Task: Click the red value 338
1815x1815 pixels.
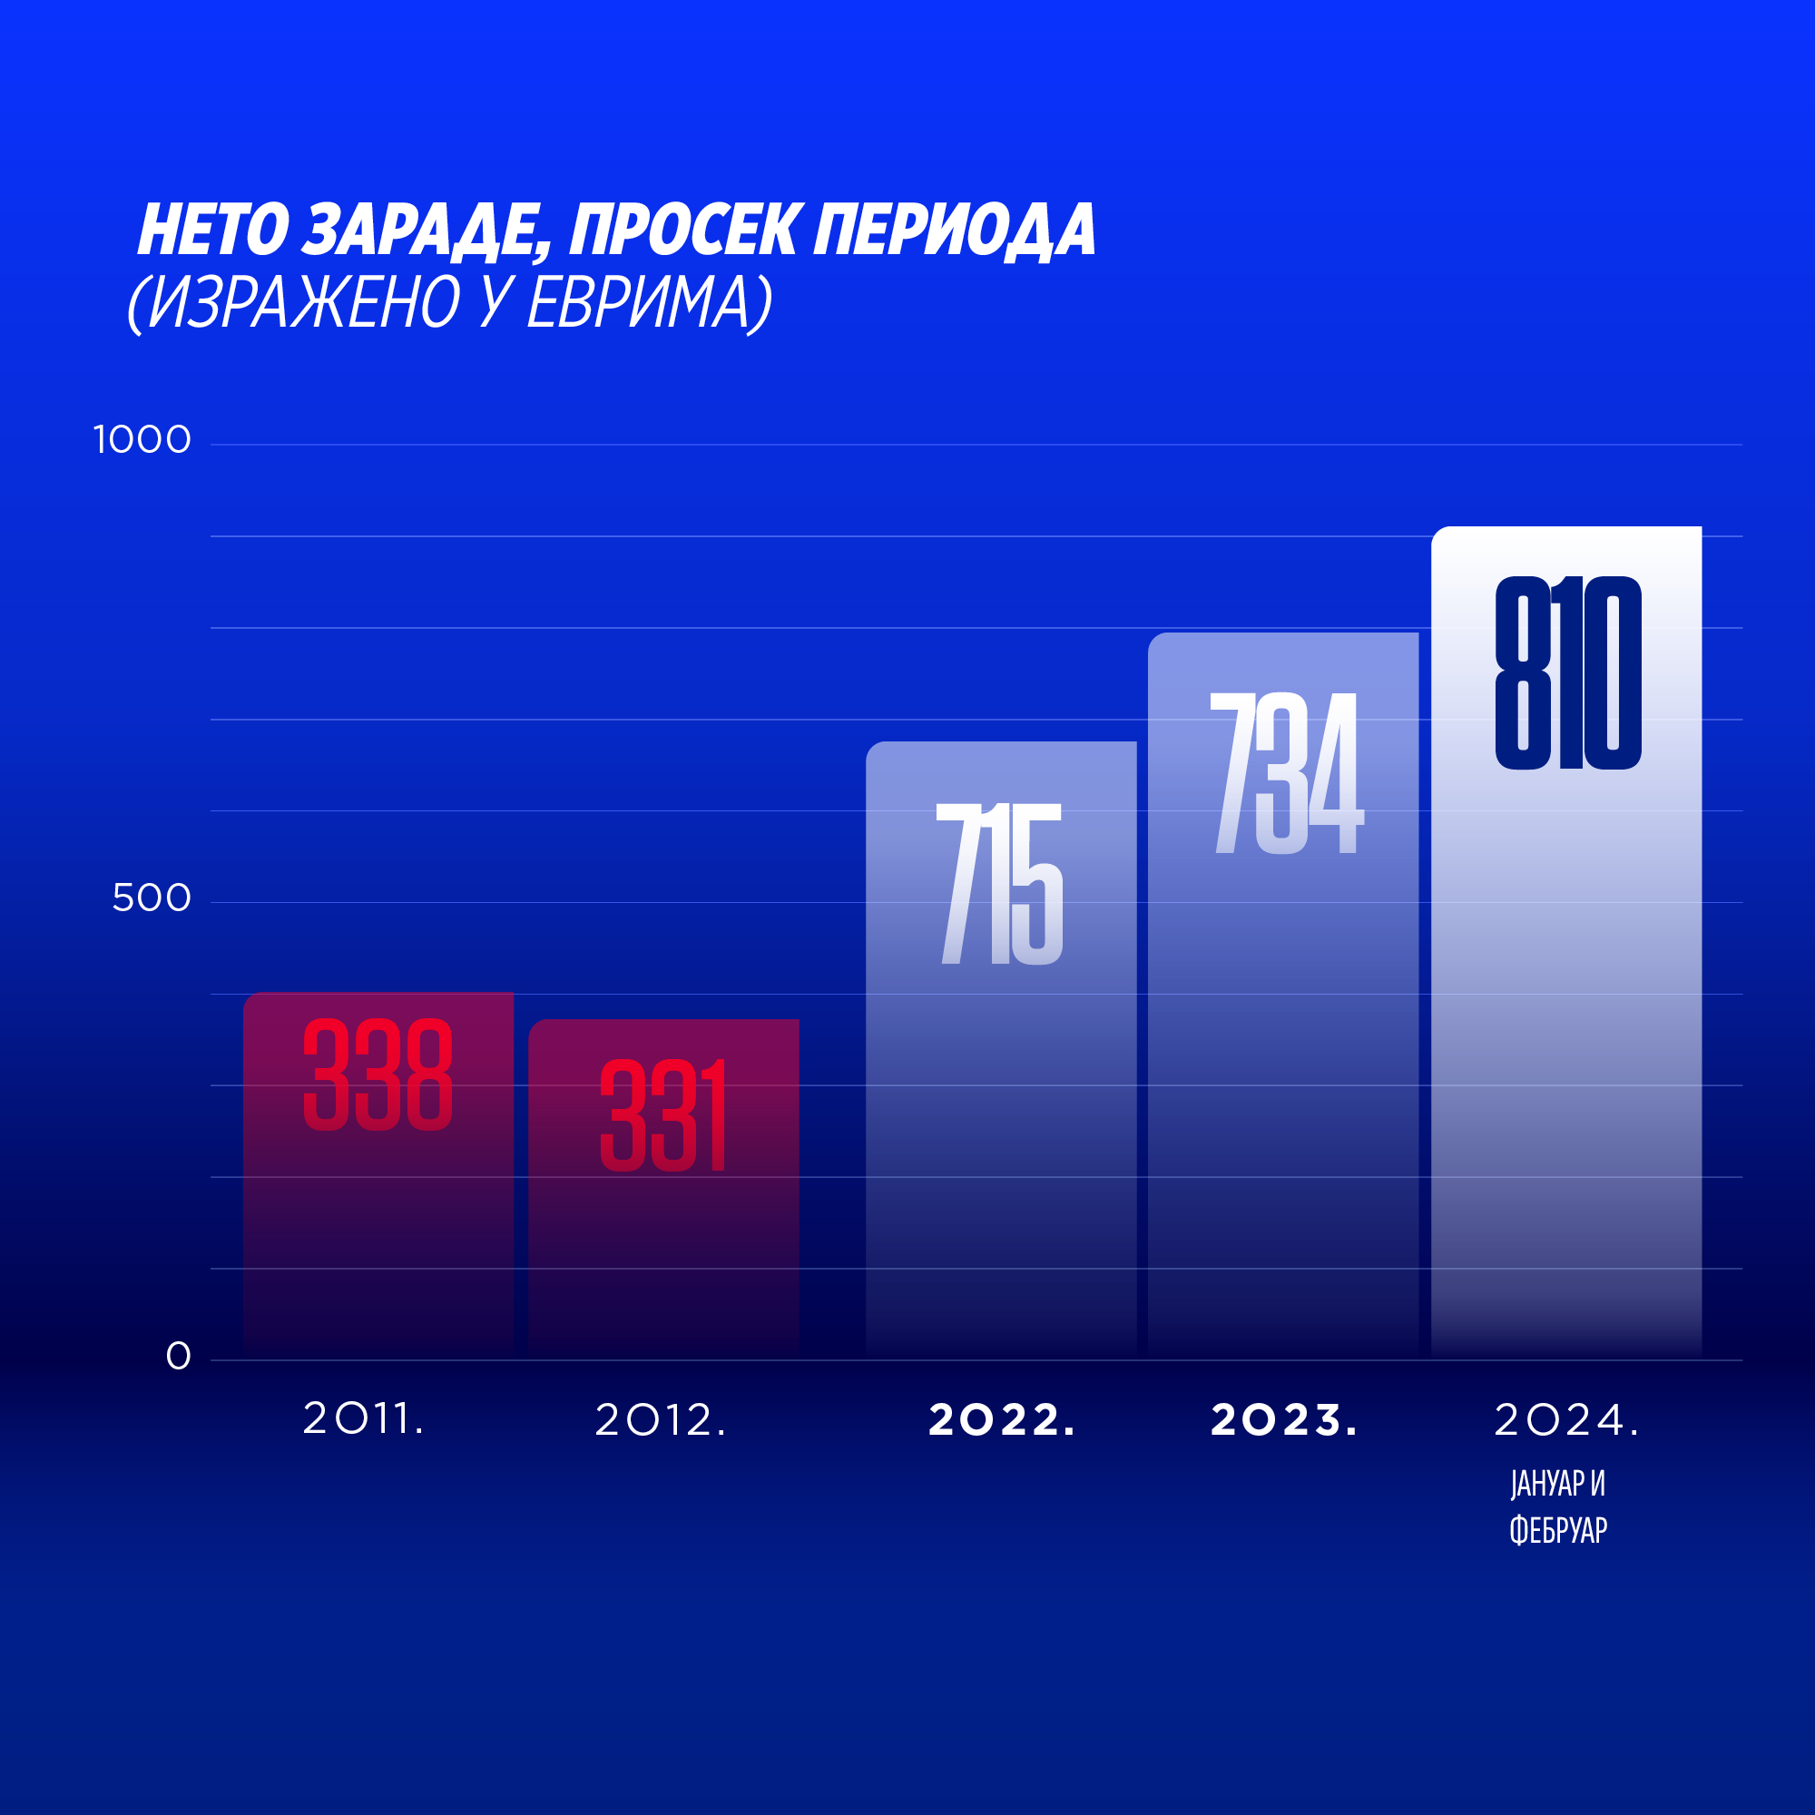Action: pos(378,1074)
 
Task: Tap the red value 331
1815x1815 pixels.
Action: pos(663,1115)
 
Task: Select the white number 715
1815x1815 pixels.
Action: pos(1000,884)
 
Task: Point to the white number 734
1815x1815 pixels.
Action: pos(1286,773)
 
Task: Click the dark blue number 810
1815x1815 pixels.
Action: pos(1568,672)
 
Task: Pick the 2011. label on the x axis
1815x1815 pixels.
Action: pos(363,1418)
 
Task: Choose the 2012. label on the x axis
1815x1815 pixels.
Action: pos(661,1419)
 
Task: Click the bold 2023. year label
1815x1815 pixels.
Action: pos(1283,1419)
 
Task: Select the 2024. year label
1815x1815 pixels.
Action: pos(1566,1419)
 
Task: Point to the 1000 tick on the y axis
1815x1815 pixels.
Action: pos(142,439)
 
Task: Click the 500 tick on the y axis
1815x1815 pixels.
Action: pos(152,898)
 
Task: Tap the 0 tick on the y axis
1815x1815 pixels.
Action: pos(179,1356)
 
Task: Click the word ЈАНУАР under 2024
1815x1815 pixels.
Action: pos(1546,1484)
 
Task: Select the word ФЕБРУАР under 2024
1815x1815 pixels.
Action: pos(1558,1530)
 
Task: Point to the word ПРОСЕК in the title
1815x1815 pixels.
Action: pos(686,231)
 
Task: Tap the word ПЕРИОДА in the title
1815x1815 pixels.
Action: pos(955,231)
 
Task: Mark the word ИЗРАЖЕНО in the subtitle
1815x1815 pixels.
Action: pos(304,302)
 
